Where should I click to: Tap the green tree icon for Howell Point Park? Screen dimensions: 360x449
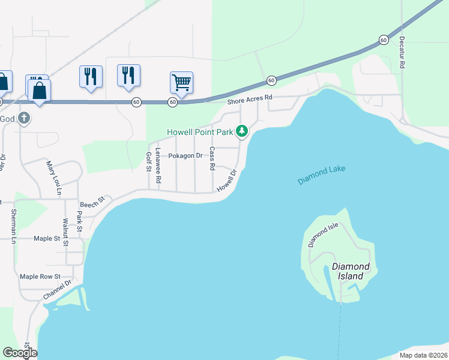(x=242, y=130)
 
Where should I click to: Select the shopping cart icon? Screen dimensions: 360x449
(x=181, y=82)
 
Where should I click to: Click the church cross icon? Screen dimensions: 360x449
(x=24, y=118)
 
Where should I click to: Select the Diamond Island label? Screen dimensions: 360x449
(x=351, y=271)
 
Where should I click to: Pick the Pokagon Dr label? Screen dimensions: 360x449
(x=185, y=156)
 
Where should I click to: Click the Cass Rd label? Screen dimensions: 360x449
(x=212, y=158)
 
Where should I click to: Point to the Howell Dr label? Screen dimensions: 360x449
(x=227, y=179)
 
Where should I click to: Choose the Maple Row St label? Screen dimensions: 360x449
(x=40, y=277)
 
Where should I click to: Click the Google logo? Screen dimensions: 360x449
(x=20, y=353)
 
